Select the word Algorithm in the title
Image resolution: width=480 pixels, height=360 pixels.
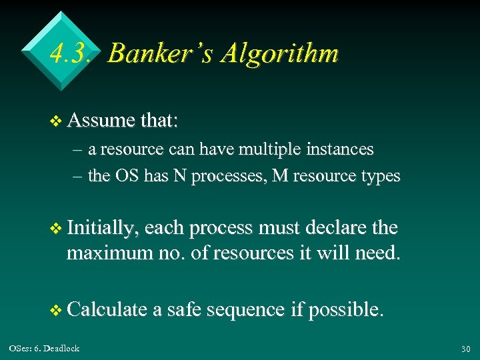click(281, 53)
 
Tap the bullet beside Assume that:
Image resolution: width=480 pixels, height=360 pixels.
click(55, 121)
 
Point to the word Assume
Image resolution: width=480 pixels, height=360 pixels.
click(101, 121)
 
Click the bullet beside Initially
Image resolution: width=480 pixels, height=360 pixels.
click(55, 229)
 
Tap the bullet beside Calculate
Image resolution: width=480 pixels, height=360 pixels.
click(55, 310)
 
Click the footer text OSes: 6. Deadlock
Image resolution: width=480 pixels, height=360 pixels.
click(44, 348)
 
